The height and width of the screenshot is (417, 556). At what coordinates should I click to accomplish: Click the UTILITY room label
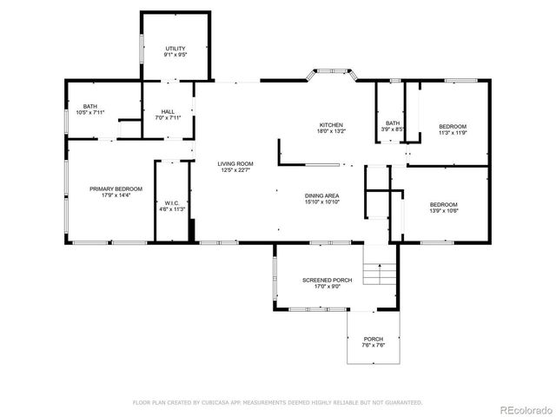(175, 48)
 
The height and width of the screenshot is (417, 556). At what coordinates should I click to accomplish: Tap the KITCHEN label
(331, 125)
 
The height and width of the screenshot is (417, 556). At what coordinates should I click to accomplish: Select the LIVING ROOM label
(235, 163)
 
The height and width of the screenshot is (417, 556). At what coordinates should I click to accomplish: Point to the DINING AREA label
(321, 195)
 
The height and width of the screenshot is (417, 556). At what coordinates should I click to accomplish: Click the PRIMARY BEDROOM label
(116, 189)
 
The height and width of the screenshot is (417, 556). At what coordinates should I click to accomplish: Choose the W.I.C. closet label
(171, 203)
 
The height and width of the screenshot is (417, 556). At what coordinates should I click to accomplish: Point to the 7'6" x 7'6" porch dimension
(373, 346)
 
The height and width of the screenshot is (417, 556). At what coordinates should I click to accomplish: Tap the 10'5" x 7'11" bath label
(89, 112)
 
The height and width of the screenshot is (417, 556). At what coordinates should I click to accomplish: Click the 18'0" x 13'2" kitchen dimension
(331, 131)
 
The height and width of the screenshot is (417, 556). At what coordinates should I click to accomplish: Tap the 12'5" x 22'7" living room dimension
(235, 170)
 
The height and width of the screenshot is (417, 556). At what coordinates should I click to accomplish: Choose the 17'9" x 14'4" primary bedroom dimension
(116, 195)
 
